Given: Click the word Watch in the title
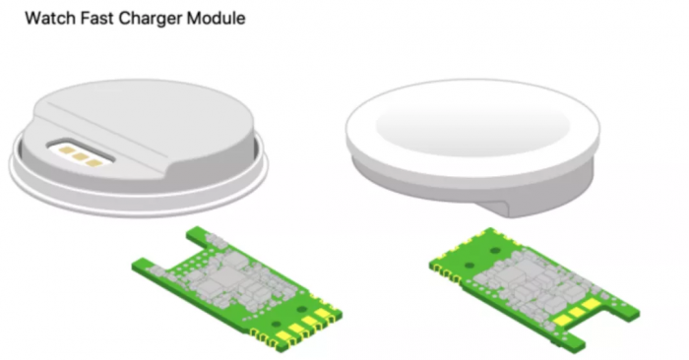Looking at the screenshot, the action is point(50,19).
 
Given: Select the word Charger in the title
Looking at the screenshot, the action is point(151,20).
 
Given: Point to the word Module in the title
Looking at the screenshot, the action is point(217,19).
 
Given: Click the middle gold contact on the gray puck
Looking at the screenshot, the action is point(80,156).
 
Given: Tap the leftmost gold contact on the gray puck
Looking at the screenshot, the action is point(66,150).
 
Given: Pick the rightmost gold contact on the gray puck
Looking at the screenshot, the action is point(94,163).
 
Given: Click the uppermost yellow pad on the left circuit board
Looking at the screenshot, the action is point(323,313).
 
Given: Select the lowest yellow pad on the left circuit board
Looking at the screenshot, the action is point(283,336).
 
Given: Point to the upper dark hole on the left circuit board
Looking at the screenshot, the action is point(301,310).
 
